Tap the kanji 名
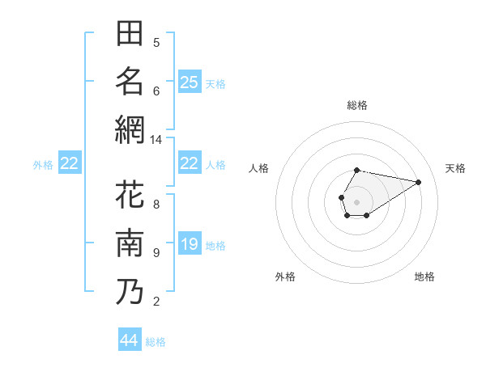130,81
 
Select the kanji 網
130,129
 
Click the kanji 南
130,243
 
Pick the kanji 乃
130,291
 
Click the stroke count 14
156,140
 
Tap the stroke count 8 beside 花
156,204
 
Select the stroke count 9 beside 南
156,253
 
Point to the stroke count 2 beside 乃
156,302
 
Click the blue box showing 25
189,82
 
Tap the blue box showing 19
189,244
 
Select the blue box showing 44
130,340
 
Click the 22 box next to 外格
69,164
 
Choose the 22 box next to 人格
189,163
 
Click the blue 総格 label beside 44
156,342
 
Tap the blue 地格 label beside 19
215,246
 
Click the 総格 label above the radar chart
356,105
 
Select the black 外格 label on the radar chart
285,277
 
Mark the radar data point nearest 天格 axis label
419,182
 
